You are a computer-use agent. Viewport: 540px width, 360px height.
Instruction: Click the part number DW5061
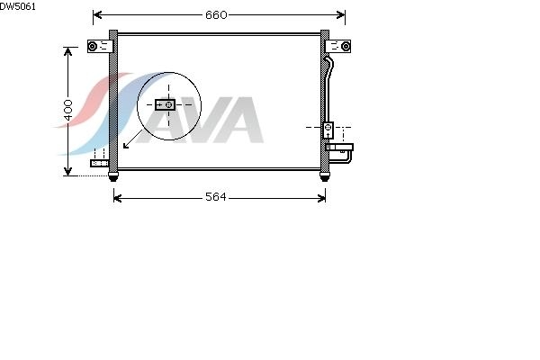click(18, 6)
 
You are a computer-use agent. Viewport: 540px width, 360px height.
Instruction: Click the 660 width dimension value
click(216, 14)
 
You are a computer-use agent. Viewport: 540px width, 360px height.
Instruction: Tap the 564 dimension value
click(216, 197)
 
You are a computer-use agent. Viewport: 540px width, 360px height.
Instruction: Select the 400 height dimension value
click(68, 110)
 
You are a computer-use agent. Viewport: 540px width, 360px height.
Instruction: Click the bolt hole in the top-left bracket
click(93, 46)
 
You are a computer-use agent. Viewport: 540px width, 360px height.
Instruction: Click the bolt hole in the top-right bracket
click(346, 46)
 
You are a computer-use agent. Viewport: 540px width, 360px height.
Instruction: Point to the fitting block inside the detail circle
click(166, 104)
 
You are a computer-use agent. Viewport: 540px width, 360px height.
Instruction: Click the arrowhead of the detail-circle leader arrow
click(126, 146)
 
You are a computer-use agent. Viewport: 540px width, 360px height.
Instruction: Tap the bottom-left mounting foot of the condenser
click(113, 176)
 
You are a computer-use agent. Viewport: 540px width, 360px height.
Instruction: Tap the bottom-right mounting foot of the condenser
click(324, 176)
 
